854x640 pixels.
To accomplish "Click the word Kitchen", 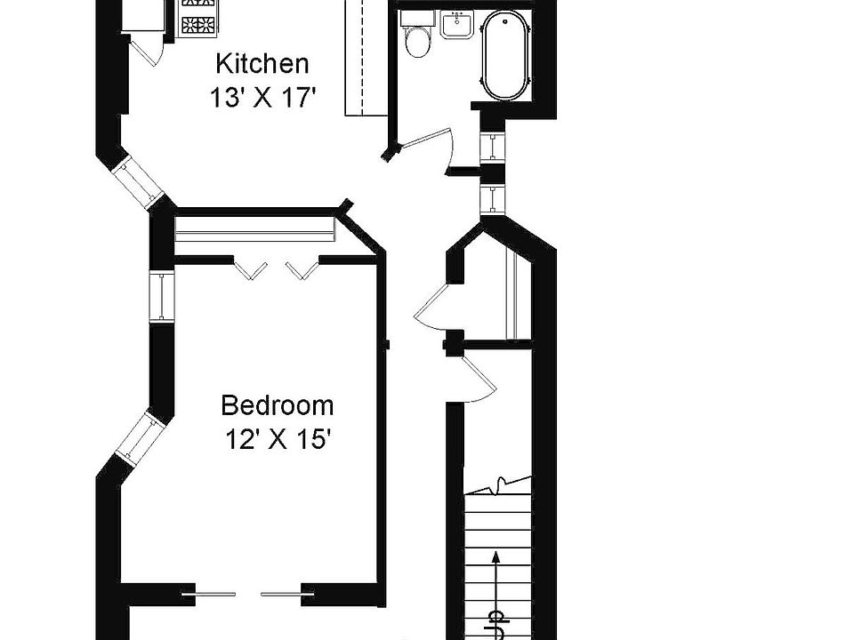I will pos(263,64).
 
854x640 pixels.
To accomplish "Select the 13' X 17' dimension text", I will pos(263,97).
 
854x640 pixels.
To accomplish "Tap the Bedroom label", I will pos(278,406).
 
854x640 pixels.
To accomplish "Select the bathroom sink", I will pos(455,24).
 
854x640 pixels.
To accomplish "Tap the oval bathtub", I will pos(505,56).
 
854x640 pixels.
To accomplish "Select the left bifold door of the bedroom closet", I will pos(248,268).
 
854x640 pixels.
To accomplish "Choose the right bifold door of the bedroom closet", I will pos(301,268).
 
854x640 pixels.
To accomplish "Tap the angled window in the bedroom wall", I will pos(140,437).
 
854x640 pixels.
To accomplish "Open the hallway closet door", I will pos(435,302).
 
